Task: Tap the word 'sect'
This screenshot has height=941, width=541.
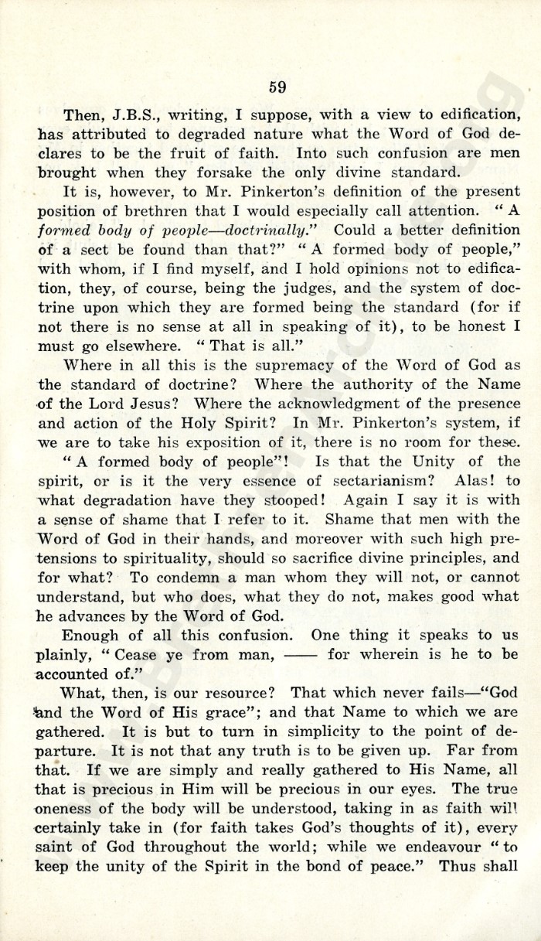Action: point(97,249)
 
